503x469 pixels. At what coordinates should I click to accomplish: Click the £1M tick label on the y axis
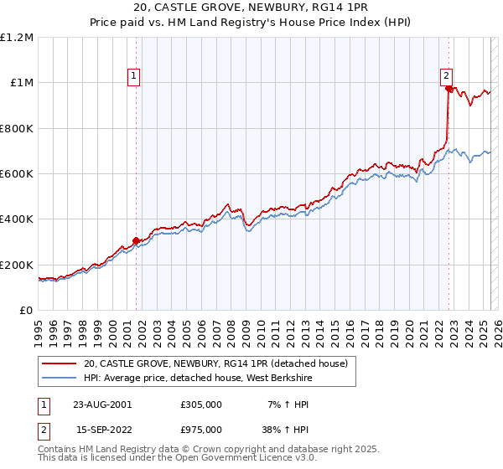pyautogui.click(x=20, y=82)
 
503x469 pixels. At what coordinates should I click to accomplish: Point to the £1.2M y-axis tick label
pyautogui.click(x=17, y=37)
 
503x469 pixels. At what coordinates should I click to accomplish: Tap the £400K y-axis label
pyautogui.click(x=16, y=219)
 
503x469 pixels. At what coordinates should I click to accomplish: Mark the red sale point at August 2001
pyautogui.click(x=136, y=241)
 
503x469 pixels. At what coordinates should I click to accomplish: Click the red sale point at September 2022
pyautogui.click(x=449, y=89)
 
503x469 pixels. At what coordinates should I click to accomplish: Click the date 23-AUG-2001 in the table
pyautogui.click(x=102, y=404)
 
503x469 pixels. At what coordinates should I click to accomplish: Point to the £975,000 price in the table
pyautogui.click(x=201, y=431)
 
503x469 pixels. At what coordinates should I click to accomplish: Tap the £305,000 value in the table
pyautogui.click(x=201, y=404)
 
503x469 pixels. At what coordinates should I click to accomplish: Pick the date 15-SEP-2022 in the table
pyautogui.click(x=102, y=431)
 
